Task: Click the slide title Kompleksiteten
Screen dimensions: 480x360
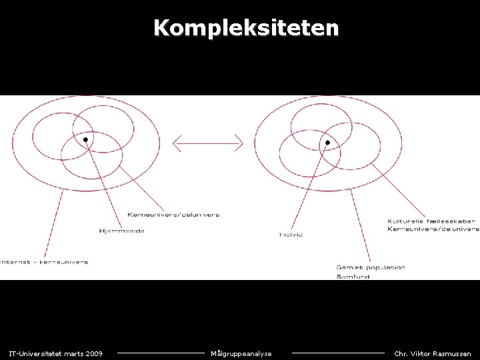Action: [x=246, y=28]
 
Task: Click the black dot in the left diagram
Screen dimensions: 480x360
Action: [x=86, y=139]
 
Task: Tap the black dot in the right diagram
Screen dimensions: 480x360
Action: [x=327, y=143]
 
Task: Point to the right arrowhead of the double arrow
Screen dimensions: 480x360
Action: [x=240, y=143]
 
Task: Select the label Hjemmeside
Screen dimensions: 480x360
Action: [x=121, y=231]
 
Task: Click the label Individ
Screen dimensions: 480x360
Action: [x=291, y=235]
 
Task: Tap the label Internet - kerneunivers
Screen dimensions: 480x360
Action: [x=44, y=262]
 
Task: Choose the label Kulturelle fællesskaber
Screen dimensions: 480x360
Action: [x=431, y=221]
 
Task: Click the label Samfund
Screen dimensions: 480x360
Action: [x=353, y=276]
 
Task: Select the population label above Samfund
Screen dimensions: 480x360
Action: [x=371, y=267]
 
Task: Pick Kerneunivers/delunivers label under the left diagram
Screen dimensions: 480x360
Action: [x=173, y=215]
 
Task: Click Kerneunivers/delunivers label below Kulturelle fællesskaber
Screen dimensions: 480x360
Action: [x=433, y=229]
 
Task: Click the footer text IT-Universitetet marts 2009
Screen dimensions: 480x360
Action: [x=55, y=353]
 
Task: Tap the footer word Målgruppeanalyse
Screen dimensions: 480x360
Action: [x=241, y=353]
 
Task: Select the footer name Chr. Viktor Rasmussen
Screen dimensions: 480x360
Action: [x=433, y=353]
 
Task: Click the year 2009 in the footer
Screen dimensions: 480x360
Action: [x=94, y=353]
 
